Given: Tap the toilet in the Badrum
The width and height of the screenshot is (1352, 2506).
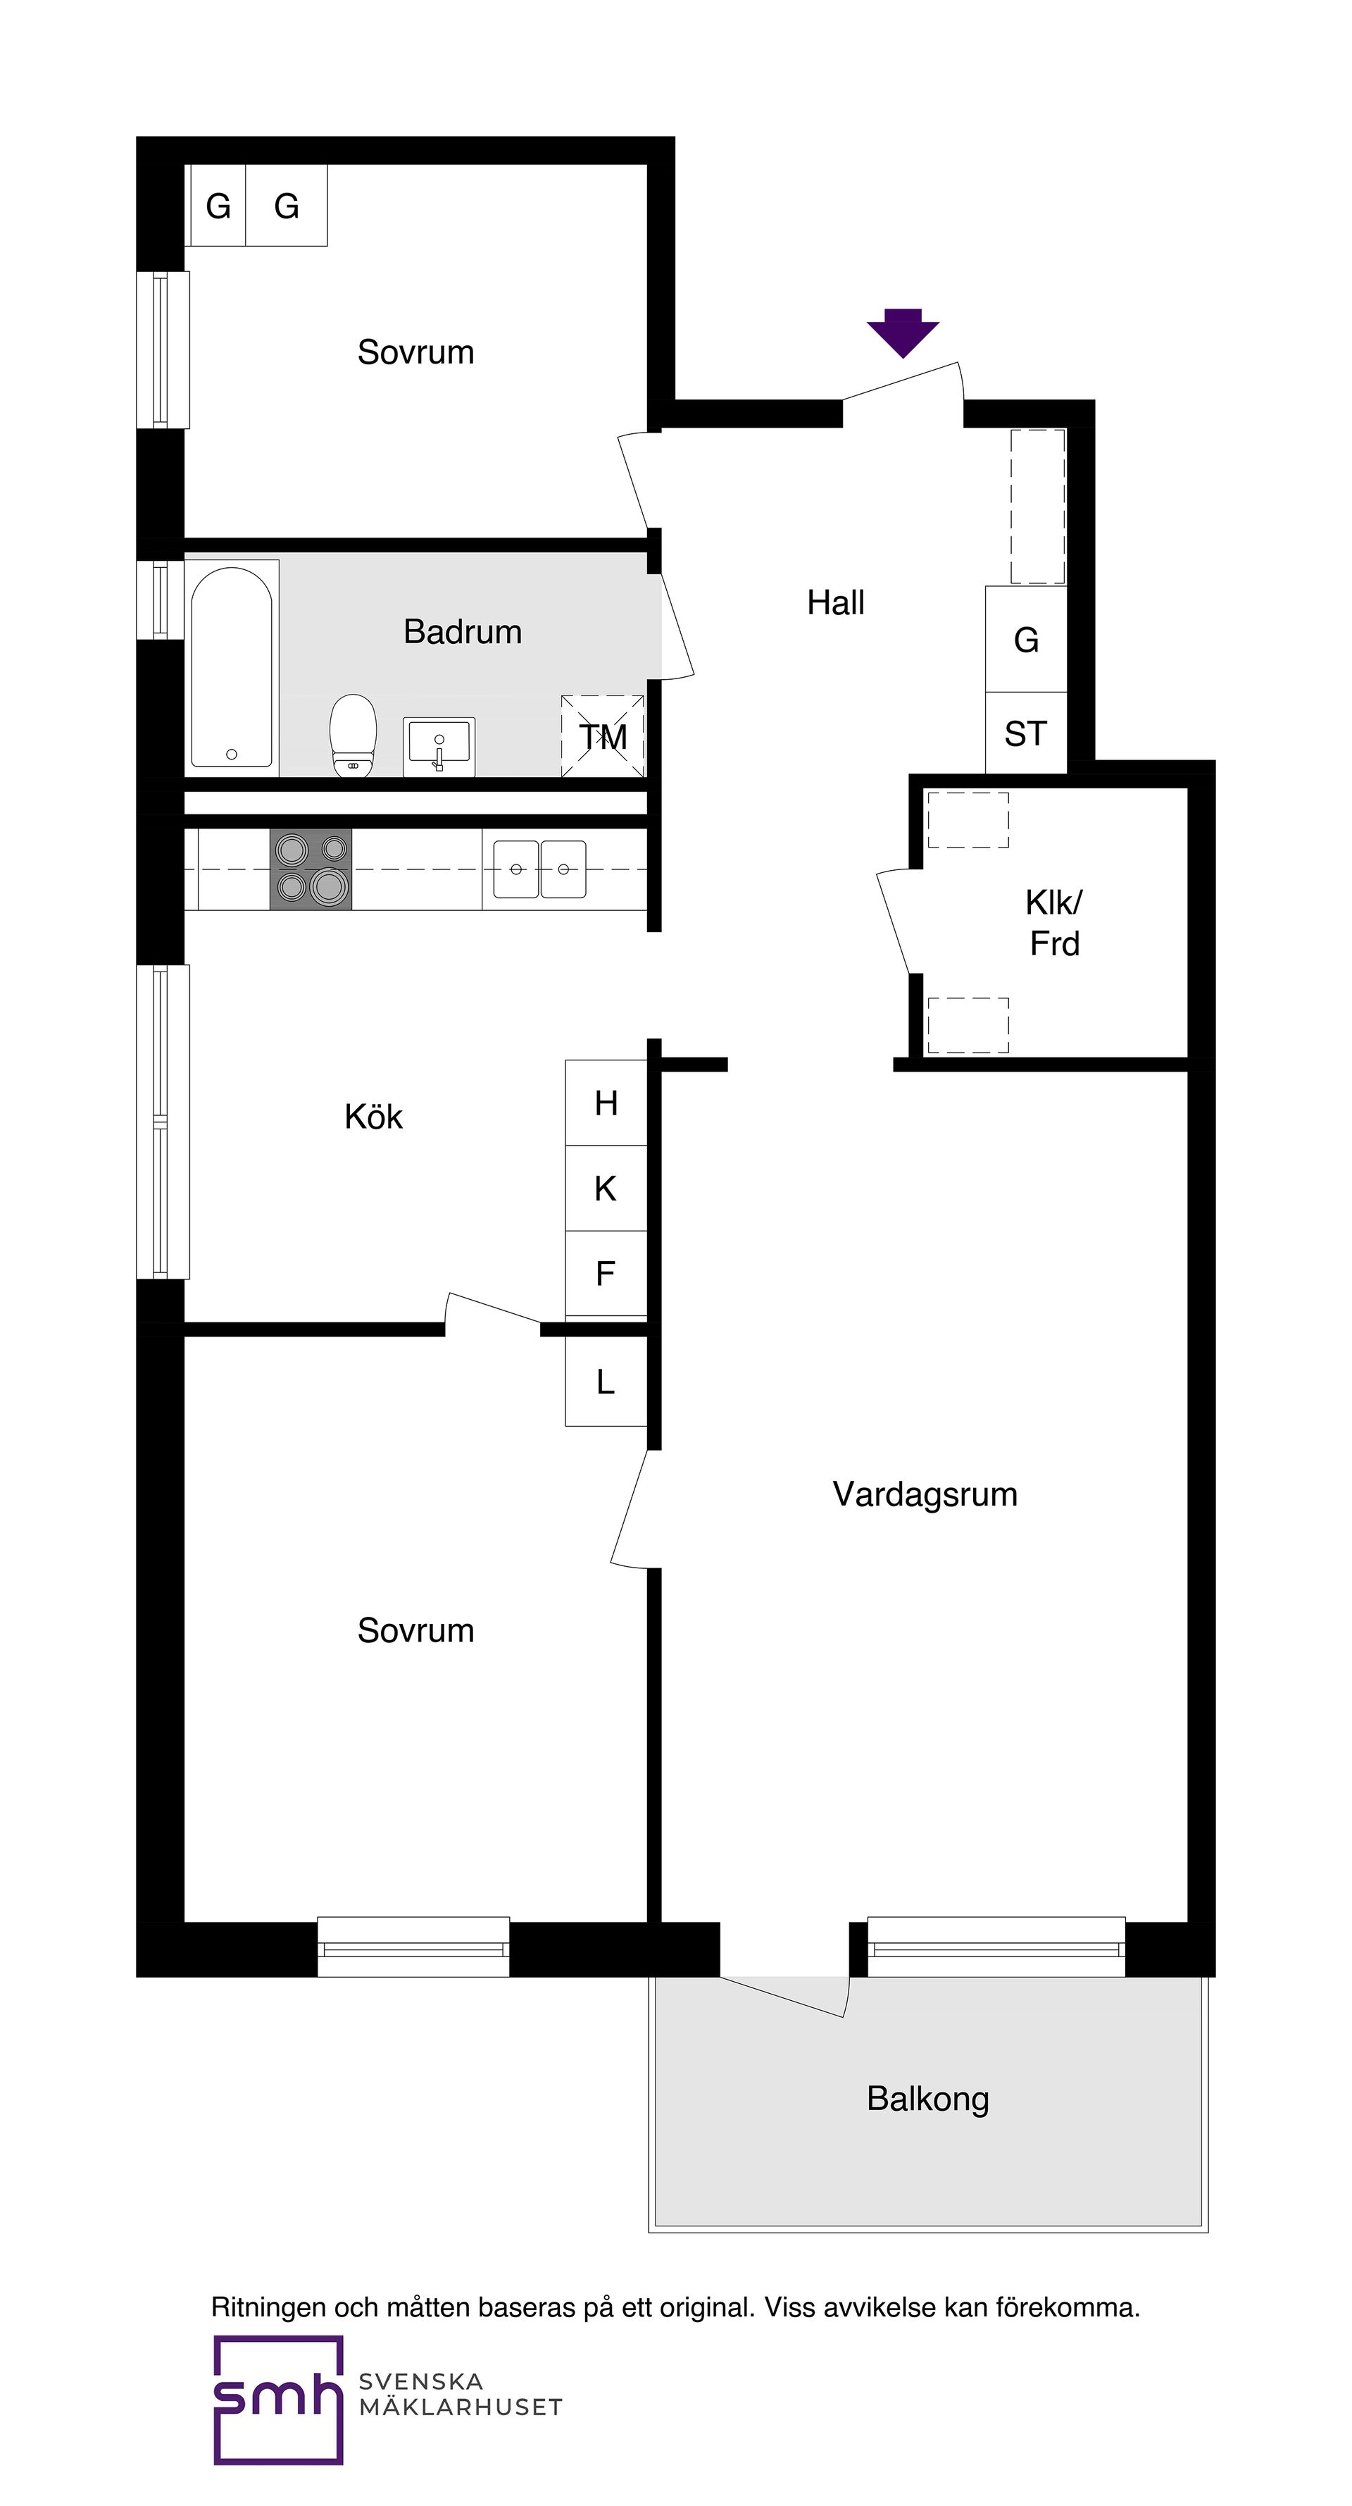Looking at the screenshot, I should point(352,735).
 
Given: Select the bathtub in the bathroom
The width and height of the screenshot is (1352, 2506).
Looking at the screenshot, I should point(232,667).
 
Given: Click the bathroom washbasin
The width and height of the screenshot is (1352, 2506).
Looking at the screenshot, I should point(439,746).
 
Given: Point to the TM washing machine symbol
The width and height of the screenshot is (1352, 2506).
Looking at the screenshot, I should point(603,736).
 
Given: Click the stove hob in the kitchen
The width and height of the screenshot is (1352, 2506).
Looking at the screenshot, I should point(311,869).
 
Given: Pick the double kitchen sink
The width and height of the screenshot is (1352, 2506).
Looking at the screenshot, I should point(540,869).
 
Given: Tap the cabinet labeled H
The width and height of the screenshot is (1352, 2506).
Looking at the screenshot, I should point(606,1103).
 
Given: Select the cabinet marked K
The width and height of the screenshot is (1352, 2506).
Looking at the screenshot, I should point(606,1188).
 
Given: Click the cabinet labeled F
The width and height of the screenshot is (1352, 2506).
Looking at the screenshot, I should point(606,1273).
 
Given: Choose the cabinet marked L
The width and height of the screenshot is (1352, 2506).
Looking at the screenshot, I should point(606,1382).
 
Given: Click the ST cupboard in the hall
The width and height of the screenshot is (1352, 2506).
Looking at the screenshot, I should point(1026,733).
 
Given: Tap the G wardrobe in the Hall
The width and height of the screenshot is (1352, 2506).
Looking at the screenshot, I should point(1026,639).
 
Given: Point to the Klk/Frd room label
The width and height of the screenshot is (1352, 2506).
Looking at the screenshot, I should point(1054,923).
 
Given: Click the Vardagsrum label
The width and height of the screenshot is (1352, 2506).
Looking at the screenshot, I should point(925,1494).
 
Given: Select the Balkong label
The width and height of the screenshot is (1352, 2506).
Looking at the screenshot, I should point(928,2099).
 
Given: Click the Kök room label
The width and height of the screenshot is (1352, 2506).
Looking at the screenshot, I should point(373,1117).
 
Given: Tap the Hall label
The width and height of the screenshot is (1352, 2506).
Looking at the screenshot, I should point(836,603).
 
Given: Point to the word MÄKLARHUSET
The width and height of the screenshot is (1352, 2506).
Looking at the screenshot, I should point(461,2408).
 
